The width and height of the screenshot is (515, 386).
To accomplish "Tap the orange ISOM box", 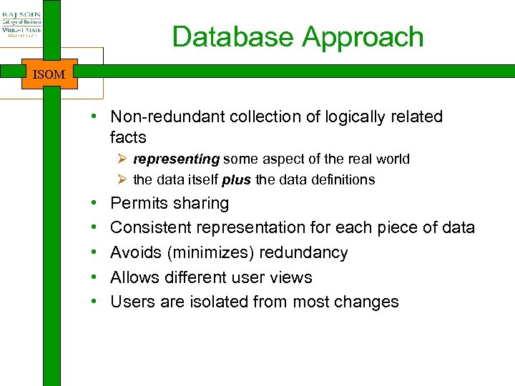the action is (x=49, y=74).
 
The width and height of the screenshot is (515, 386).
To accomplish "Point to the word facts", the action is (x=128, y=137).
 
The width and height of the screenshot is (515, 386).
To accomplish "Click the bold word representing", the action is (x=176, y=159).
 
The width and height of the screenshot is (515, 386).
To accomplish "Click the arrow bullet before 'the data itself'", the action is (x=123, y=179).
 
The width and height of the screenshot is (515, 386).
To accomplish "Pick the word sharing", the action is (x=201, y=204).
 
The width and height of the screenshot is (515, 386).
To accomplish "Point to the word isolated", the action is (x=220, y=302).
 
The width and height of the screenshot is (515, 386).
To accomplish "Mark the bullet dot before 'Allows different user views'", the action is (x=94, y=277).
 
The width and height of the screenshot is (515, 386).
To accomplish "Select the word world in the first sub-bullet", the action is (x=391, y=159).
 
